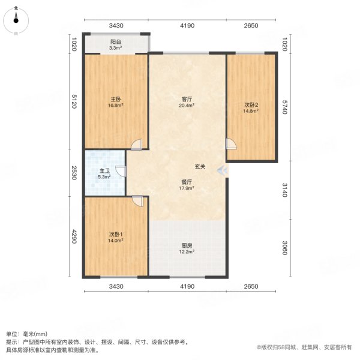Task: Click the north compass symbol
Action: pos(16,20)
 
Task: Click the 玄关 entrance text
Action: pos(200,167)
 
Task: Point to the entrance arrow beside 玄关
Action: pos(223,170)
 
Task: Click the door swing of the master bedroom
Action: pos(137,145)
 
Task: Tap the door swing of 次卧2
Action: pos(231,144)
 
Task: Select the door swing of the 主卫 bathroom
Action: pos(120,171)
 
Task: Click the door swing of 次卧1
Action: pos(137,202)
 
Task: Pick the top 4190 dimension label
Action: pos(187,26)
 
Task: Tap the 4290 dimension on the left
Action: pos(74,237)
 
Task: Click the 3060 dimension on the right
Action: pos(285,247)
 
